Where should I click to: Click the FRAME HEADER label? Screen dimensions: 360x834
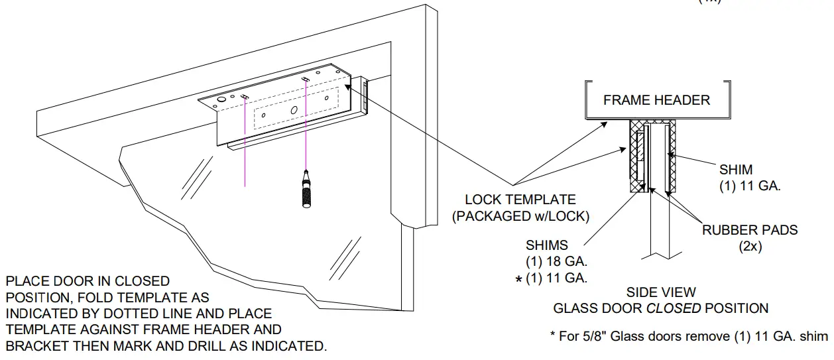point(656,100)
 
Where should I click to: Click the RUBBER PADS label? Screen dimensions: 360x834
point(750,231)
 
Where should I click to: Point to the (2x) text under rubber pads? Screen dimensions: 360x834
point(750,246)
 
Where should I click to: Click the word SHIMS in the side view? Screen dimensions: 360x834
point(546,246)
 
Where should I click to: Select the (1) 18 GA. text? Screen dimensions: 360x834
point(556,262)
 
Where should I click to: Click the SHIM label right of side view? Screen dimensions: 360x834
point(735,170)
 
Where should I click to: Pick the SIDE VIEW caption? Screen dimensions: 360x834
point(660,292)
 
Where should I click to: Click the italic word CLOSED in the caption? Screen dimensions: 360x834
point(674,308)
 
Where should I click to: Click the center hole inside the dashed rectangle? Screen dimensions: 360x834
point(292,108)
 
